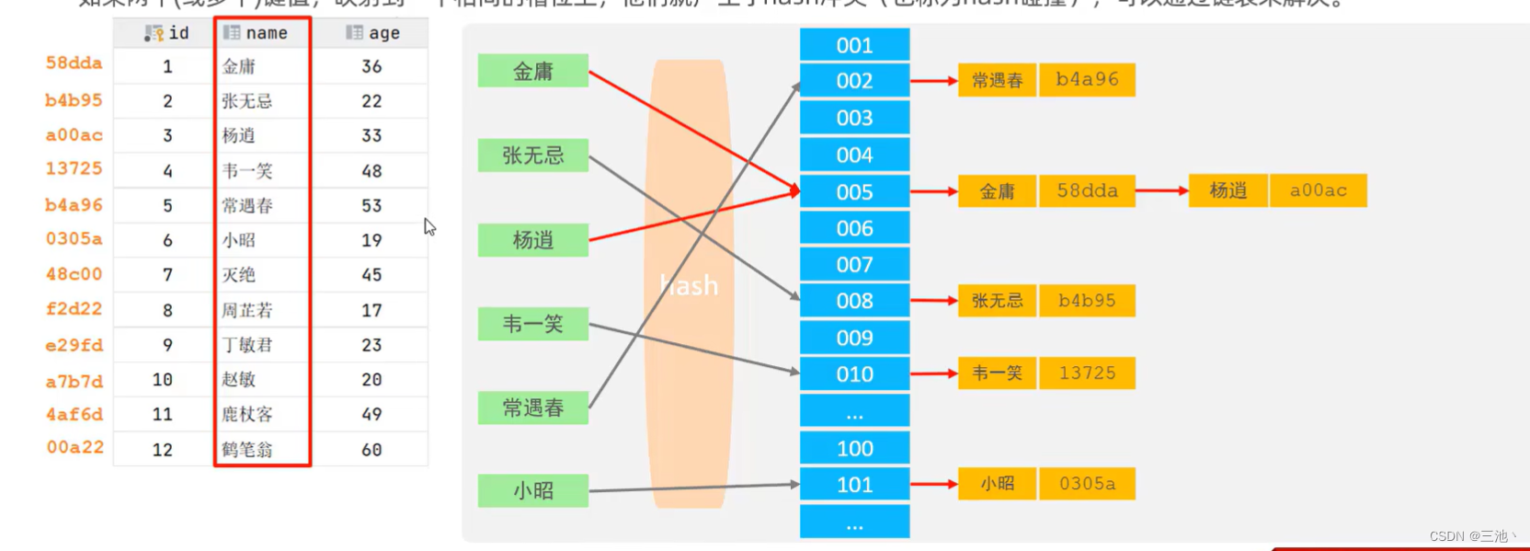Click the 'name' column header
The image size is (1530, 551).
(262, 33)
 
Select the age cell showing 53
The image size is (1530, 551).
(371, 205)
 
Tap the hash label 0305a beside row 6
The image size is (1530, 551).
(74, 239)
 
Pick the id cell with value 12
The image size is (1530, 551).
(163, 450)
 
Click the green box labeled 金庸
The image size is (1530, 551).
(532, 71)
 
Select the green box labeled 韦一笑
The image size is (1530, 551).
(532, 324)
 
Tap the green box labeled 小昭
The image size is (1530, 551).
(532, 490)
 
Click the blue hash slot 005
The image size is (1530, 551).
(854, 191)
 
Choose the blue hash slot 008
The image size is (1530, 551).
(854, 301)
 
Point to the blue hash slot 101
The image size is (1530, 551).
(854, 485)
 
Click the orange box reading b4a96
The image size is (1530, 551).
(1087, 80)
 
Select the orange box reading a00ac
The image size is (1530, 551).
(1318, 190)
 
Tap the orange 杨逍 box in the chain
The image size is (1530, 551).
(1227, 190)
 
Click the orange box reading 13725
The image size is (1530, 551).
(1087, 373)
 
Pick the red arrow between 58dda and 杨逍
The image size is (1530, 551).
(1161, 190)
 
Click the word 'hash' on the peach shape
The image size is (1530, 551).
(689, 286)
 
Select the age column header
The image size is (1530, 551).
(372, 33)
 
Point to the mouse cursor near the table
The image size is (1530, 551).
(428, 226)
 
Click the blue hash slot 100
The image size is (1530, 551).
(854, 448)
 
